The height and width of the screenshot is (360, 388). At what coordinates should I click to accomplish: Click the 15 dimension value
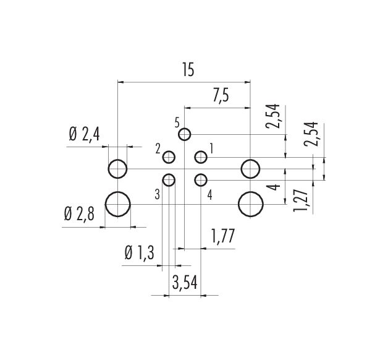pyautogui.click(x=188, y=71)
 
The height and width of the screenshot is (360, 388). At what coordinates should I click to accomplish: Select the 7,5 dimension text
pyautogui.click(x=221, y=96)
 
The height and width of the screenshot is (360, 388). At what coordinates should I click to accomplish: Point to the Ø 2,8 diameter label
pyautogui.click(x=80, y=214)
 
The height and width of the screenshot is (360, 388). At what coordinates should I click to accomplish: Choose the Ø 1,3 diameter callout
pyautogui.click(x=140, y=253)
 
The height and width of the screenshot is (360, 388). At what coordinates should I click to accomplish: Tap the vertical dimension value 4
pyautogui.click(x=276, y=186)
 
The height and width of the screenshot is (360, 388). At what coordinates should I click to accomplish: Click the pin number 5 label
pyautogui.click(x=177, y=121)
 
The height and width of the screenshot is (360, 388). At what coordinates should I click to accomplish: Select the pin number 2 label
pyautogui.click(x=158, y=148)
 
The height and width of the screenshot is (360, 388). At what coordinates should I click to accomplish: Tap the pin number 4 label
pyautogui.click(x=210, y=195)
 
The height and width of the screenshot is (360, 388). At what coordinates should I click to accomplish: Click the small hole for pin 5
pyautogui.click(x=184, y=135)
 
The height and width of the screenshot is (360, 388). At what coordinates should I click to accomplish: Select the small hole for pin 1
pyautogui.click(x=200, y=157)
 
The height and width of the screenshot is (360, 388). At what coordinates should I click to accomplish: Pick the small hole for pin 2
pyautogui.click(x=169, y=157)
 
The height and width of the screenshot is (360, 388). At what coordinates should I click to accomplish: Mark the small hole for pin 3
pyautogui.click(x=169, y=180)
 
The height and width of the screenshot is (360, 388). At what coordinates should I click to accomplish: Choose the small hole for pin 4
pyautogui.click(x=200, y=180)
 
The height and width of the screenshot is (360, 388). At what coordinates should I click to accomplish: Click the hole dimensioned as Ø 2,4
pyautogui.click(x=117, y=168)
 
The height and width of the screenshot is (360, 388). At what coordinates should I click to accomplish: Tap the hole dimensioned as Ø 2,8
pyautogui.click(x=117, y=204)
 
